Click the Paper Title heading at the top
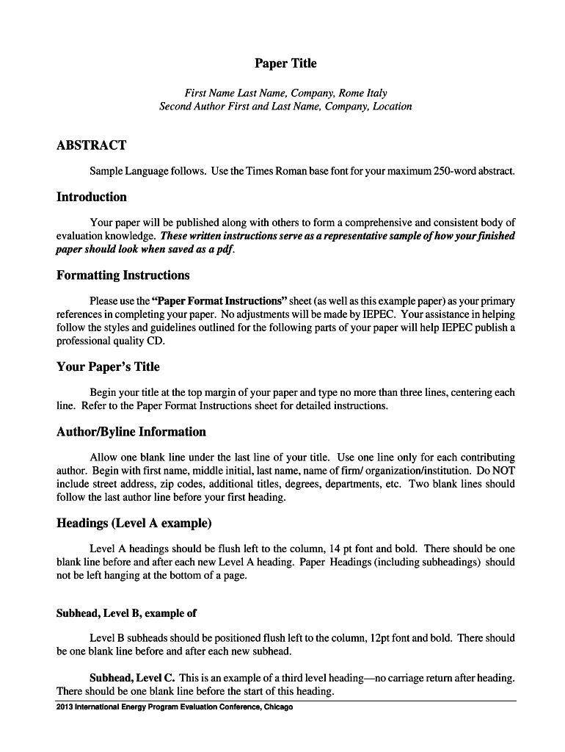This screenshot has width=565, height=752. coord(285,64)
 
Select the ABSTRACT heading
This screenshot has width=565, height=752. coord(91,145)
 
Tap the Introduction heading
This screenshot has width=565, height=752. coord(91,197)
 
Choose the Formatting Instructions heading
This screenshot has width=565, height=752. coord(123,275)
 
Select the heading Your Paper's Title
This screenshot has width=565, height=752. coord(108,366)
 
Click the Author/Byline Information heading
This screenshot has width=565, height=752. coord(131,432)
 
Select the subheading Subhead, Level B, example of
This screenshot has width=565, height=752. coord(126,612)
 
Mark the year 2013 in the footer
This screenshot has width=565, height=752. coord(65,707)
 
